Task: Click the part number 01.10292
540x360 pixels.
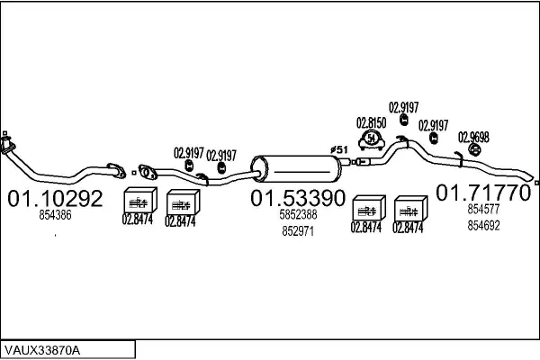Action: pyautogui.click(x=55, y=198)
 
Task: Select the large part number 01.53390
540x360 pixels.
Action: pyautogui.click(x=298, y=198)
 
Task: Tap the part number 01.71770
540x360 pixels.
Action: pyautogui.click(x=483, y=193)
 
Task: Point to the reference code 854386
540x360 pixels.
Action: pyautogui.click(x=55, y=215)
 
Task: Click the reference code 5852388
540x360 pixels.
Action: pyautogui.click(x=298, y=214)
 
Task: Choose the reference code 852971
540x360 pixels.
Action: pyautogui.click(x=298, y=231)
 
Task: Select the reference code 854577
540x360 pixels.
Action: pyautogui.click(x=483, y=209)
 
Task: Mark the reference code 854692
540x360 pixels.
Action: pyautogui.click(x=483, y=225)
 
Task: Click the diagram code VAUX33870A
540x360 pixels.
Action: pyautogui.click(x=42, y=350)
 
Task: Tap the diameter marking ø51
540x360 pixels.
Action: pyautogui.click(x=339, y=150)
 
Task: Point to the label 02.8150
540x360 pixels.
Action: pyautogui.click(x=371, y=123)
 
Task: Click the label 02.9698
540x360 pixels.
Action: pyautogui.click(x=473, y=138)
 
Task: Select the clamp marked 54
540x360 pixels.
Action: pyautogui.click(x=371, y=140)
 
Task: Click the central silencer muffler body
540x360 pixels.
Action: pyautogui.click(x=296, y=169)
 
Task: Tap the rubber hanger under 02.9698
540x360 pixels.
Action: pyautogui.click(x=474, y=149)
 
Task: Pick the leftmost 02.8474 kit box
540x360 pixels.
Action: pyautogui.click(x=140, y=200)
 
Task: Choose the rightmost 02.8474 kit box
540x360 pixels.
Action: pyautogui.click(x=410, y=209)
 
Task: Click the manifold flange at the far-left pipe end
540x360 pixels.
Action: pyautogui.click(x=6, y=144)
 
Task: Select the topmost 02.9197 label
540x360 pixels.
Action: pyautogui.click(x=403, y=107)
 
